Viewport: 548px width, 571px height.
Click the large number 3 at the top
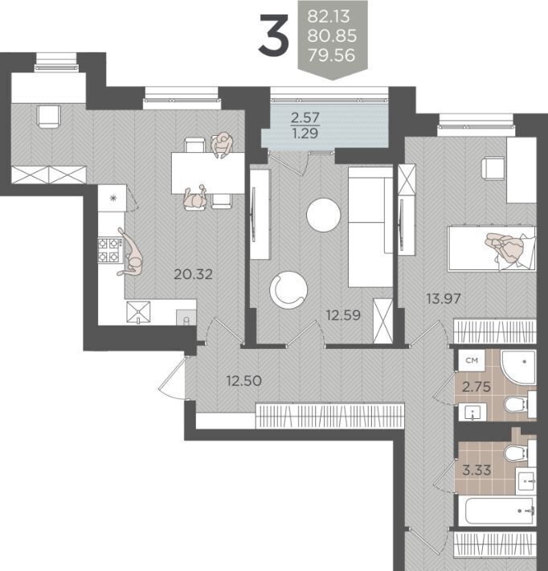pyautogui.click(x=274, y=35)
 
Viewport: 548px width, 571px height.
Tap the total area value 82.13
pyautogui.click(x=329, y=16)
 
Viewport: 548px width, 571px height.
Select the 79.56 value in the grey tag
pyautogui.click(x=331, y=55)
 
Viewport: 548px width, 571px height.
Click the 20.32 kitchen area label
pyautogui.click(x=193, y=274)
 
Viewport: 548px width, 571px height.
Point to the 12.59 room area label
pyautogui.click(x=343, y=315)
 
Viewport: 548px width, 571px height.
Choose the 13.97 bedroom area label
pyautogui.click(x=444, y=299)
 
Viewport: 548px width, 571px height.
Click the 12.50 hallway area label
pyautogui.click(x=243, y=381)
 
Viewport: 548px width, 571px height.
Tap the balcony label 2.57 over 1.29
pyautogui.click(x=305, y=125)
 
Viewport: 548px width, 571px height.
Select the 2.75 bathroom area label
pyautogui.click(x=476, y=386)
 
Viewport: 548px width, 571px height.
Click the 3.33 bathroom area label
pyautogui.click(x=476, y=470)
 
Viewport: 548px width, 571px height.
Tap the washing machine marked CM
pyautogui.click(x=472, y=360)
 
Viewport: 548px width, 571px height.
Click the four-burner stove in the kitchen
pyautogui.click(x=109, y=251)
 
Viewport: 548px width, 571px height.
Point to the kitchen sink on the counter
pyautogui.click(x=138, y=312)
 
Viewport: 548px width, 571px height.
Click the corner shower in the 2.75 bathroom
pyautogui.click(x=518, y=368)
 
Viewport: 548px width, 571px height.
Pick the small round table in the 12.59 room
pyautogui.click(x=324, y=215)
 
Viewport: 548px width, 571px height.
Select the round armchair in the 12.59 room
pyautogui.click(x=288, y=290)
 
